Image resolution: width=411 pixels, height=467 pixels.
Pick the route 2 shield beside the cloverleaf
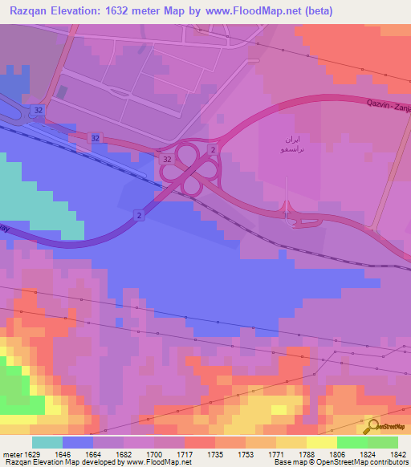click(x=212, y=150)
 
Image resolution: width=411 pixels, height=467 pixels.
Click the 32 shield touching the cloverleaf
click(x=167, y=160)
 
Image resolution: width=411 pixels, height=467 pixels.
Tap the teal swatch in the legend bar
click(x=47, y=442)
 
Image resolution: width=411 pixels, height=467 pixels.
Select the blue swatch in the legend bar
click(x=78, y=442)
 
